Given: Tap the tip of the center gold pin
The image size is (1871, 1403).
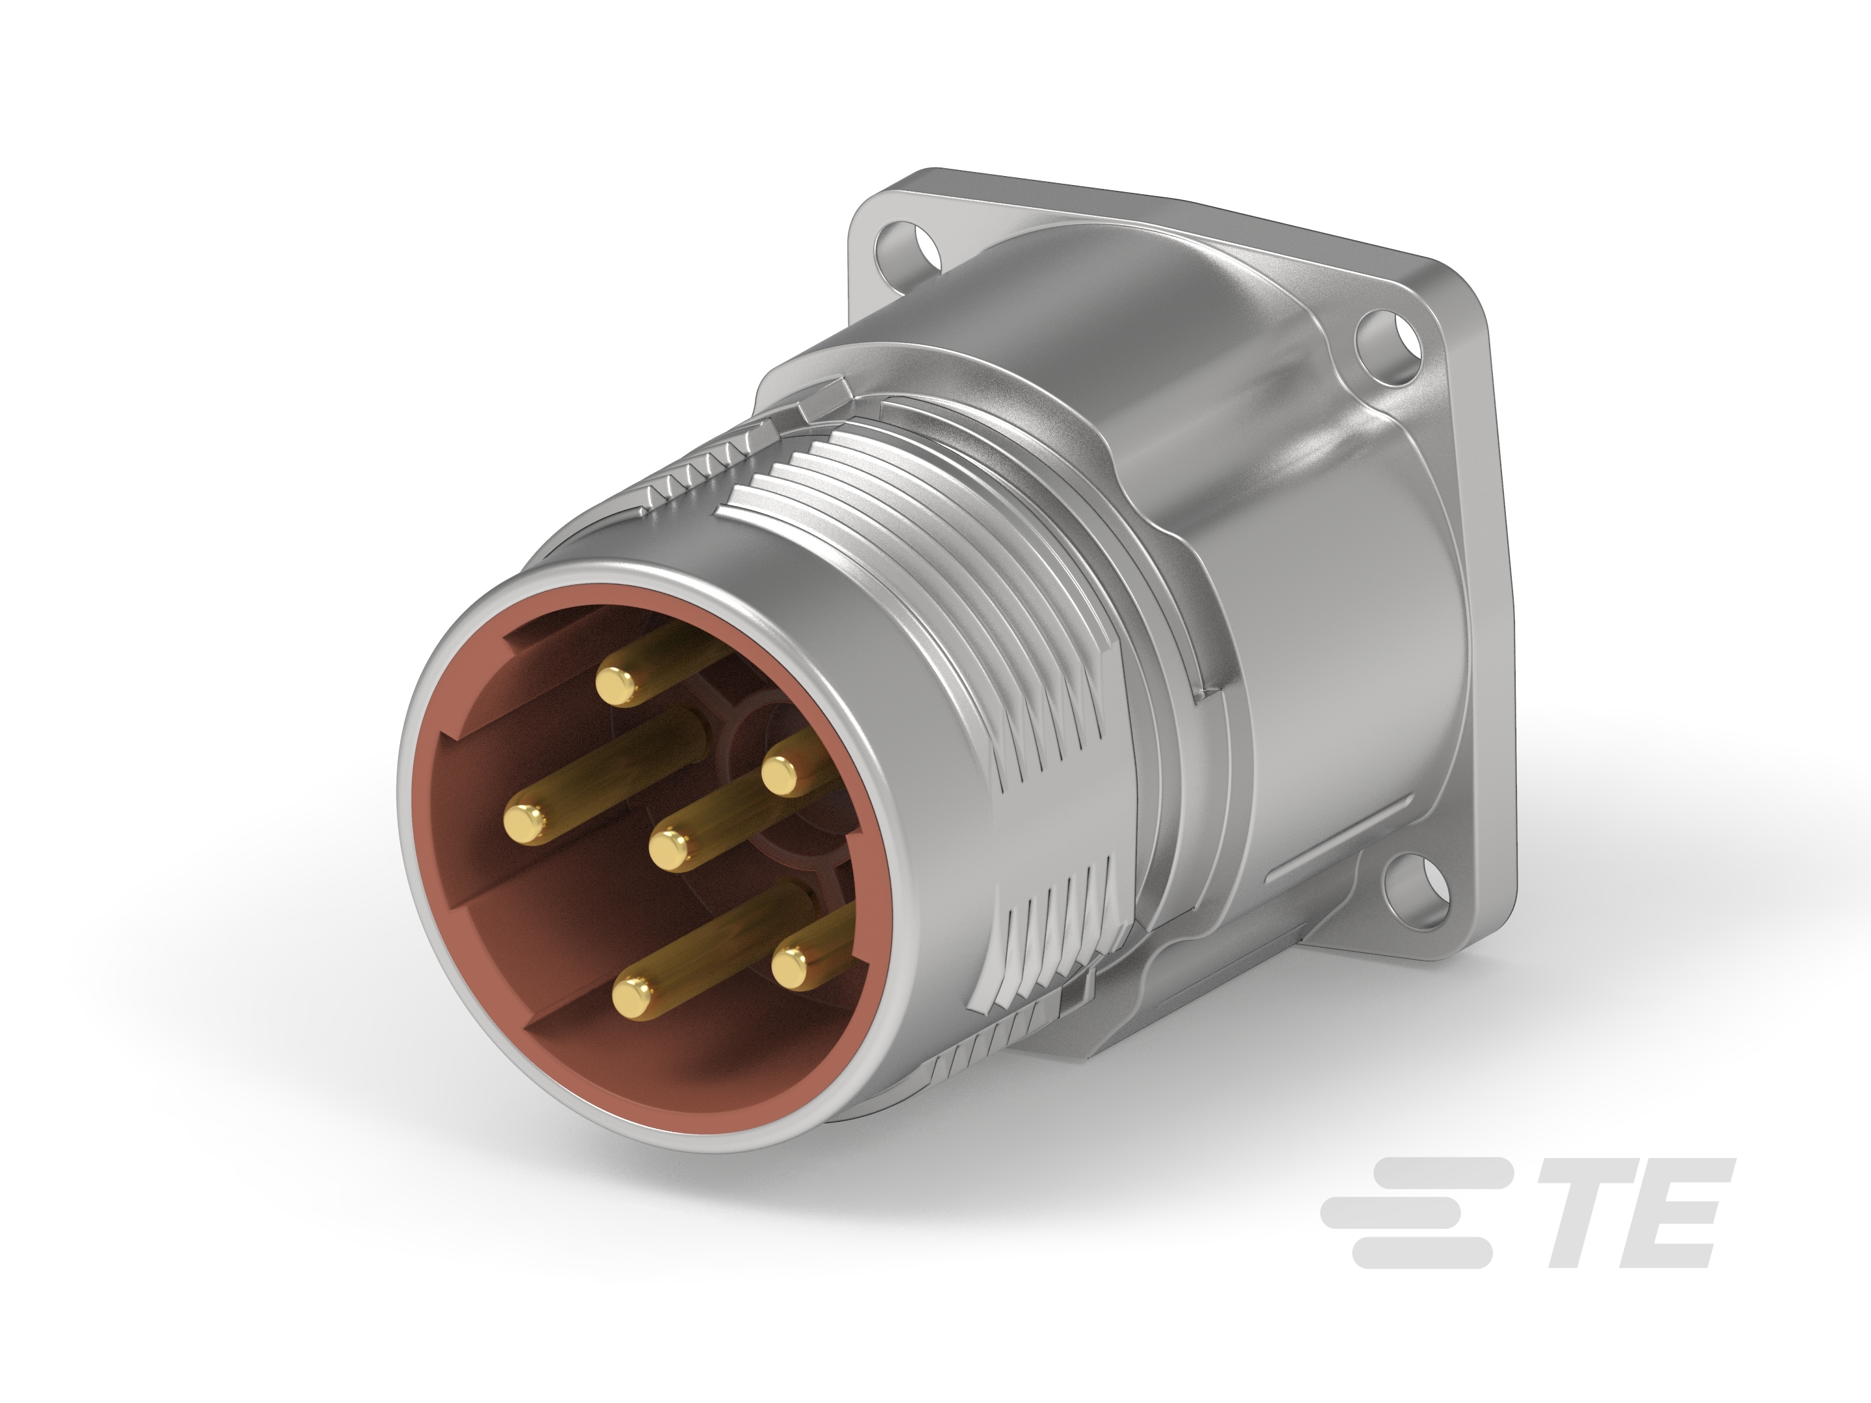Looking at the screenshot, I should click(x=672, y=848).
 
